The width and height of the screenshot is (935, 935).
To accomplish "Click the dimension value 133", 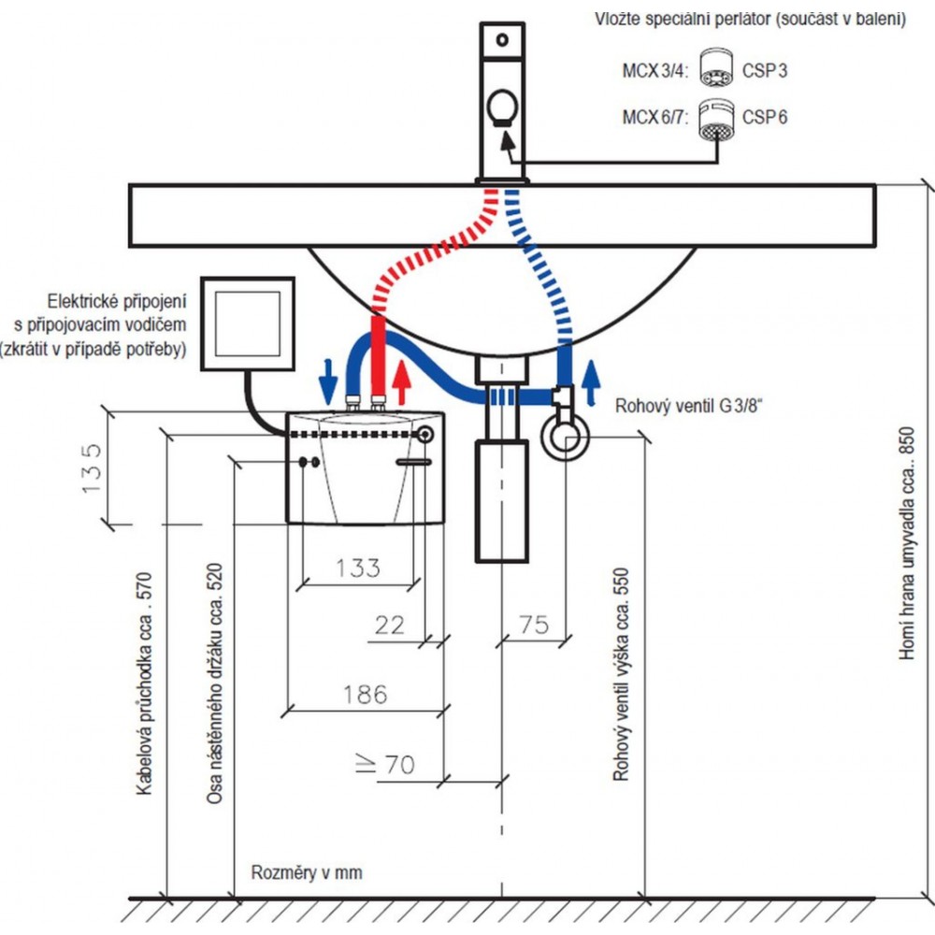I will [x=358, y=567].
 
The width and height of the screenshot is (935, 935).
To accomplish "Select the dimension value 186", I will [x=364, y=694].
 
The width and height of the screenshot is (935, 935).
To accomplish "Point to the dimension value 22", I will [x=390, y=626].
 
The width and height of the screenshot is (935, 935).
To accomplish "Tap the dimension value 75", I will [x=534, y=626].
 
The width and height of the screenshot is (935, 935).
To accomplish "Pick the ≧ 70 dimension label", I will [x=384, y=765].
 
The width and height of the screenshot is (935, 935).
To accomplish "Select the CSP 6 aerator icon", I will [x=716, y=120].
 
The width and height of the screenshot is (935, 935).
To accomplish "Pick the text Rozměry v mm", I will [x=306, y=873].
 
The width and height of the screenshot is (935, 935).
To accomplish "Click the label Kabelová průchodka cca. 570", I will [x=144, y=683].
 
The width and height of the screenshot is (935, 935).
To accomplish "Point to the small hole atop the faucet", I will [x=503, y=40].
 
